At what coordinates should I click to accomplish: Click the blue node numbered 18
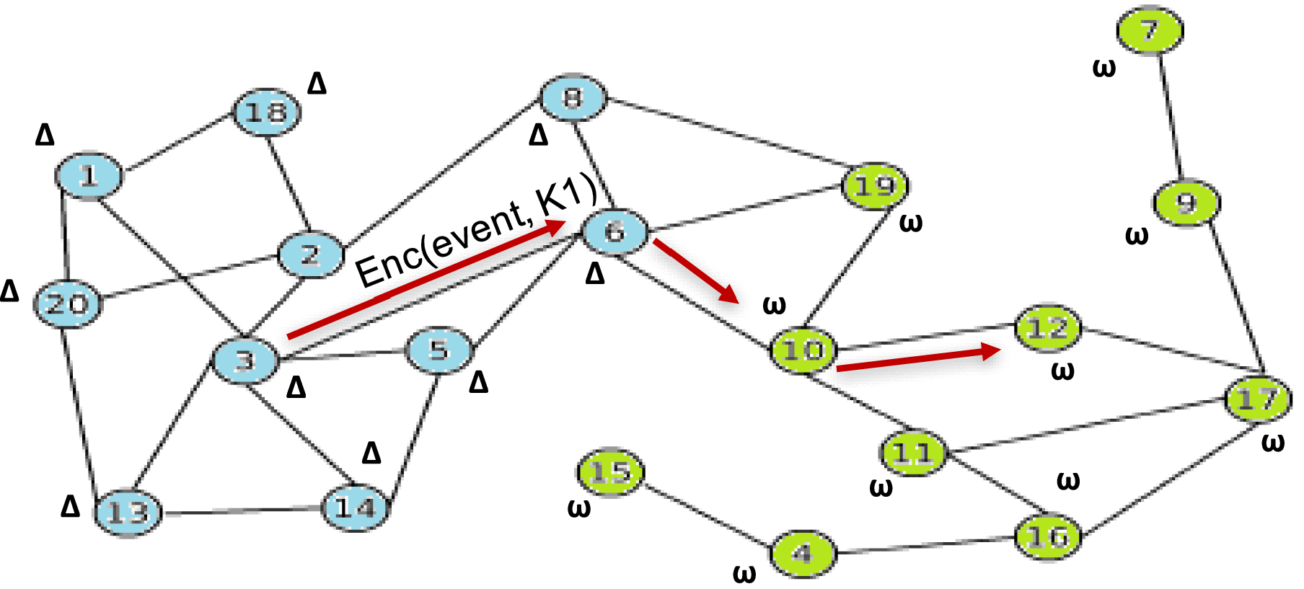tap(266, 112)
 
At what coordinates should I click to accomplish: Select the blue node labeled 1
tap(89, 175)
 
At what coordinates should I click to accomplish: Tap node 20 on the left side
tap(68, 304)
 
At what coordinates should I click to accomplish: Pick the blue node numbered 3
tap(245, 360)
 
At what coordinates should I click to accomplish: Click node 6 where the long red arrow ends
tap(614, 231)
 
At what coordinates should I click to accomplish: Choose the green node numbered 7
tap(1150, 30)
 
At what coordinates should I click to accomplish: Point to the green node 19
tap(876, 186)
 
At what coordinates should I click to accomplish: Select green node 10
tap(803, 350)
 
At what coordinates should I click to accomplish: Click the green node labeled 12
tap(1048, 329)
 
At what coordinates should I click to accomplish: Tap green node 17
tap(1258, 398)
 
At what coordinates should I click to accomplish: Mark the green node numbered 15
tap(610, 472)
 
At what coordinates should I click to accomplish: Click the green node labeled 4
tap(803, 554)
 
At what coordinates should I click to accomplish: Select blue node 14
tap(356, 508)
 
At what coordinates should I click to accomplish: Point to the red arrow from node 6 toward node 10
tap(695, 270)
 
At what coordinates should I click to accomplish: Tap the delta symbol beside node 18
tap(317, 84)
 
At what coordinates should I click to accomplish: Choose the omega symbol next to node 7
tap(1103, 68)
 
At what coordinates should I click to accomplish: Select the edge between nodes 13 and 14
tap(242, 511)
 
